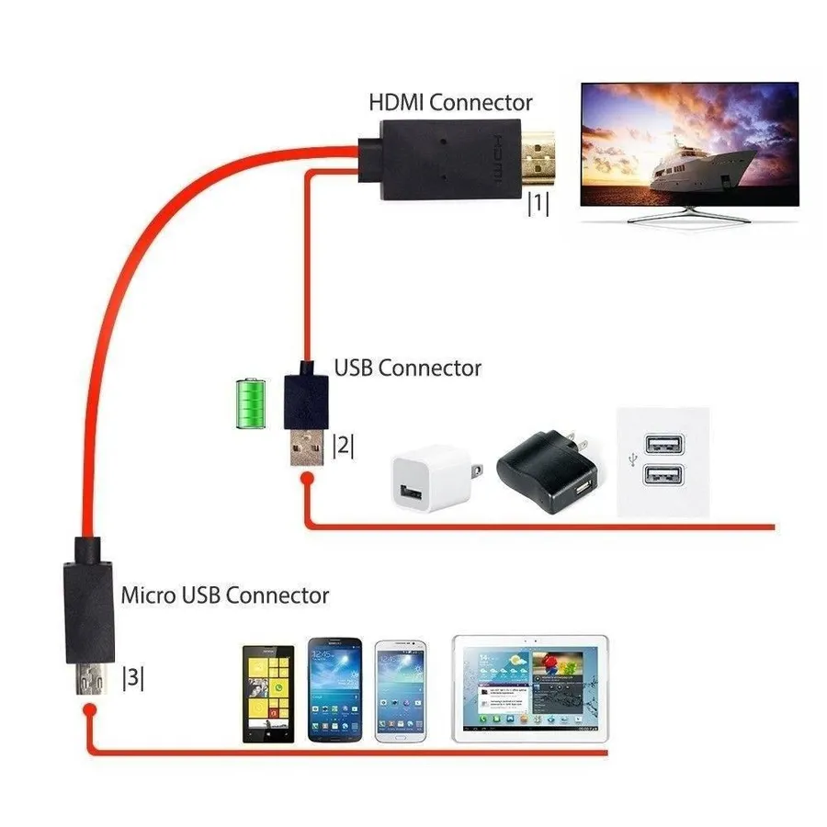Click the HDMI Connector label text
click(x=450, y=102)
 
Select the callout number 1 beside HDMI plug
click(x=538, y=204)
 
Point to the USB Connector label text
click(x=407, y=368)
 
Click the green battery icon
click(x=249, y=402)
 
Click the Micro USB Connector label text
click(x=225, y=595)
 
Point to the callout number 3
click(x=133, y=678)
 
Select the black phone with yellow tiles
click(x=268, y=693)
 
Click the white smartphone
click(x=401, y=689)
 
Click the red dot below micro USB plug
click(x=89, y=711)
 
